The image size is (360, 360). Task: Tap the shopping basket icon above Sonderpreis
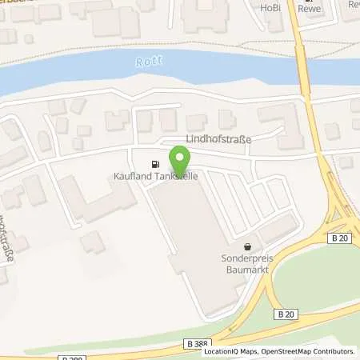(x=248, y=246)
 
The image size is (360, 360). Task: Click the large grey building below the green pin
(x=196, y=240)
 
